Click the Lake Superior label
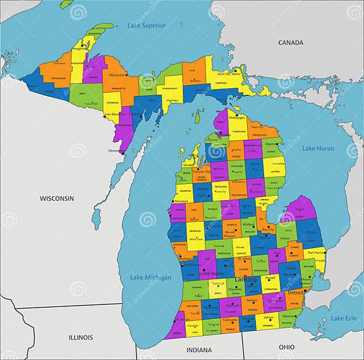(x=146, y=25)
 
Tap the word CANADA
(x=291, y=42)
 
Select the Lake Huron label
(x=317, y=148)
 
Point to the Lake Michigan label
(x=150, y=277)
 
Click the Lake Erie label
(x=344, y=318)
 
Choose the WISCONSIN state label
(x=57, y=198)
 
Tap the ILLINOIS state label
(x=81, y=337)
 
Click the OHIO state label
(x=286, y=347)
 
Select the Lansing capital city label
(x=246, y=279)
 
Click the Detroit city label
(x=296, y=294)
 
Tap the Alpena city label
(x=270, y=144)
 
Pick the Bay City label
(x=267, y=230)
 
